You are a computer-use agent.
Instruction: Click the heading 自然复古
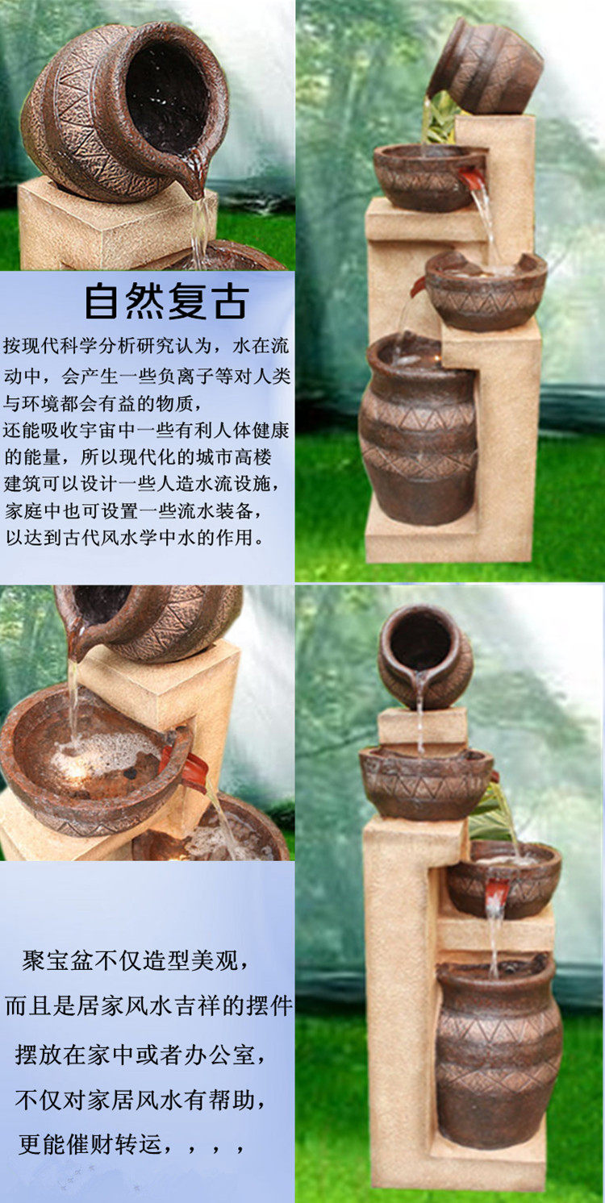(166, 302)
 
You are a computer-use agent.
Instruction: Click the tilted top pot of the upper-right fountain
(486, 66)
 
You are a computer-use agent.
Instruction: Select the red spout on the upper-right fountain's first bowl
(473, 179)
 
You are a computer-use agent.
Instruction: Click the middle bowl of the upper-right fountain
(486, 291)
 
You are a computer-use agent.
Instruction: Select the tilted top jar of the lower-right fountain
(425, 656)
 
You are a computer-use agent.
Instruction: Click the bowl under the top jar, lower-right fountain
(426, 783)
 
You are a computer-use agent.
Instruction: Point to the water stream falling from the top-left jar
(200, 231)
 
